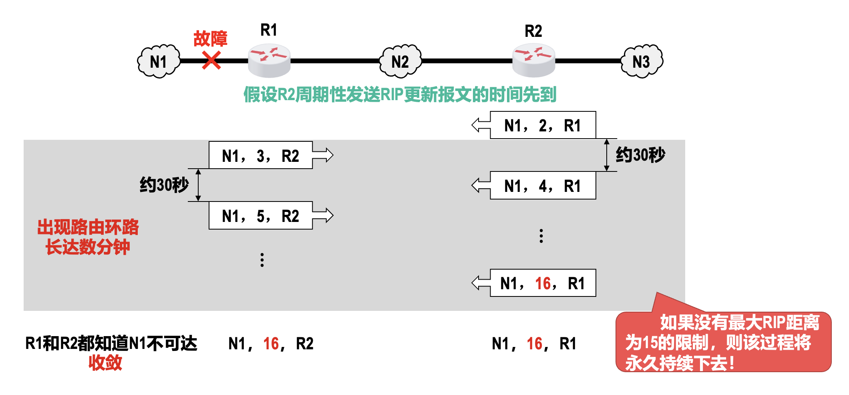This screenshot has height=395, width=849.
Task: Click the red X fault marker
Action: click(x=211, y=60)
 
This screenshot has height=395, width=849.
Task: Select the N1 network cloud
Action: click(x=159, y=61)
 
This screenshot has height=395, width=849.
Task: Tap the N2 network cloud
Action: click(x=400, y=61)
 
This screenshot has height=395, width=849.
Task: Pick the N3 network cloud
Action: click(x=642, y=61)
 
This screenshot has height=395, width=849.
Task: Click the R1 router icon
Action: click(x=269, y=60)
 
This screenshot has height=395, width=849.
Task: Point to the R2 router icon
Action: click(x=533, y=60)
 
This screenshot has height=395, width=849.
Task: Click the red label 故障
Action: click(x=210, y=39)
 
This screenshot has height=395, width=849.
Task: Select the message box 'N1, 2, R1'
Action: click(x=543, y=125)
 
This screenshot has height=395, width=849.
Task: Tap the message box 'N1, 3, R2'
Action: click(x=260, y=155)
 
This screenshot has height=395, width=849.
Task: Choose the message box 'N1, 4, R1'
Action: click(x=543, y=186)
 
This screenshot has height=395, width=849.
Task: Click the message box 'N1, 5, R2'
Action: click(x=260, y=216)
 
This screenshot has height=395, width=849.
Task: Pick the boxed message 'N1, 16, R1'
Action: click(x=543, y=283)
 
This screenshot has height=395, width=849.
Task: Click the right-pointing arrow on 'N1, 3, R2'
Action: click(x=323, y=155)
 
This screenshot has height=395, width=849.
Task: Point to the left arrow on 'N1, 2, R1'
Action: click(x=481, y=125)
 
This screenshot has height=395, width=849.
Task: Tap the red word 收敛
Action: click(x=105, y=363)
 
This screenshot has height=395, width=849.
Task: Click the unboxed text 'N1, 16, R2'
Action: click(x=271, y=344)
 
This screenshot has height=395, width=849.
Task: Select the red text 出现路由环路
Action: click(x=88, y=227)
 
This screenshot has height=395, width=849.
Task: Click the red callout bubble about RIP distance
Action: click(x=723, y=342)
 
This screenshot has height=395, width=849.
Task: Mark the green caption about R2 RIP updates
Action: click(x=400, y=95)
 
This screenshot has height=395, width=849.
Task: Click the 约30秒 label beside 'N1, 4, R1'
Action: click(x=640, y=155)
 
